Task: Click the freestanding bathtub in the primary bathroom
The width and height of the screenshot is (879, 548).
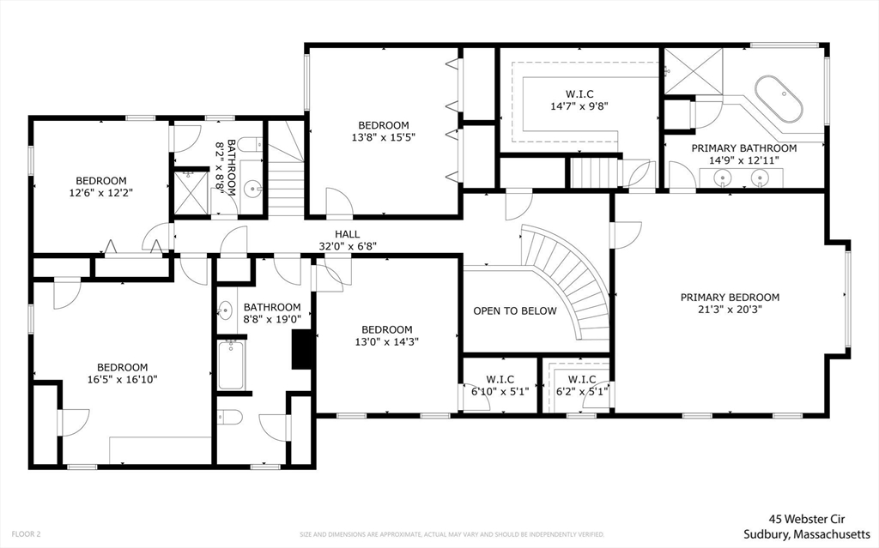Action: pos(779,100)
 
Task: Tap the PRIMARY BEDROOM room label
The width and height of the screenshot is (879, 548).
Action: pos(730,298)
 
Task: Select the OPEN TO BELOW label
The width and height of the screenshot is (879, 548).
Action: pos(515,311)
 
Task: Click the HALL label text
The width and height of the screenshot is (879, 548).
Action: pos(347,234)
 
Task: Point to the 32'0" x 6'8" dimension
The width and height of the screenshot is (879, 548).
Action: pos(347,246)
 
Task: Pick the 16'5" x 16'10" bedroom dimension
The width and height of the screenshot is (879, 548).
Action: pos(122,379)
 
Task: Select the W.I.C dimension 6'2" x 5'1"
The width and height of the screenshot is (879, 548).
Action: pos(581,391)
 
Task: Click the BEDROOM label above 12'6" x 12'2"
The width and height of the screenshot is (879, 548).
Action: pos(100,181)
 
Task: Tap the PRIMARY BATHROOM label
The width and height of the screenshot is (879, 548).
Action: pos(744,148)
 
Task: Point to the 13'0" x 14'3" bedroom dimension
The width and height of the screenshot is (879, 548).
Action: pos(386,341)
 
